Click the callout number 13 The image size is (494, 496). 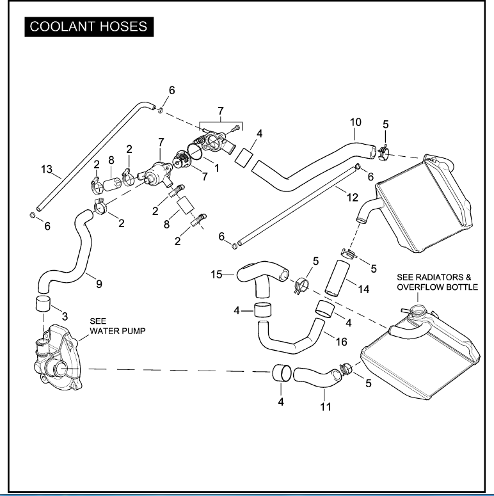point(46,170)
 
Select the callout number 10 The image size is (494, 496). point(355,121)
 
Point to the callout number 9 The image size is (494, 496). point(99,284)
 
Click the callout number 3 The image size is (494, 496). point(64,316)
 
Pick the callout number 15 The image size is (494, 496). point(217,275)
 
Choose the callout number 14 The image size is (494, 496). point(363,289)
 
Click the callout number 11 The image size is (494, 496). point(325,406)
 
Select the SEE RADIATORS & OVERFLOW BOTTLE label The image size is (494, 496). point(437,282)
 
